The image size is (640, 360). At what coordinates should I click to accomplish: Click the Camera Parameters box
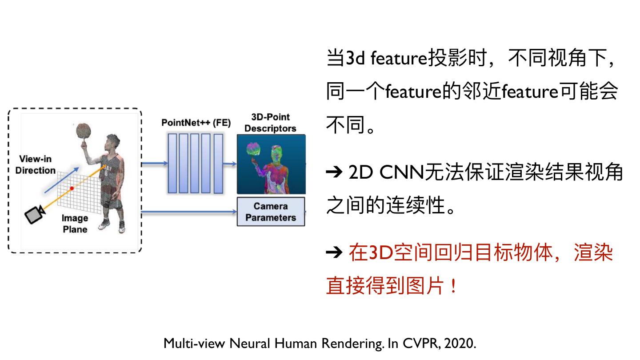click(x=271, y=212)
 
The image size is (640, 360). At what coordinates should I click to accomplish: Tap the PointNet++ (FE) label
click(x=196, y=123)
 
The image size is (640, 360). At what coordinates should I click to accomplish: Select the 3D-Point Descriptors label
click(x=270, y=123)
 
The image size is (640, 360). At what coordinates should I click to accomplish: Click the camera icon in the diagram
click(x=33, y=215)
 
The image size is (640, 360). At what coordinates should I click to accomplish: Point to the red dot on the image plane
click(x=72, y=188)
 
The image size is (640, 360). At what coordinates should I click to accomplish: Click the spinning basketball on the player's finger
click(x=83, y=131)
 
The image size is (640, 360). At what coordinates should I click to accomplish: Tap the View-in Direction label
click(x=35, y=165)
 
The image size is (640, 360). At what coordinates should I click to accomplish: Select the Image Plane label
click(x=75, y=224)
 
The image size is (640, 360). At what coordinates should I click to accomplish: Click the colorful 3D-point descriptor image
click(x=271, y=164)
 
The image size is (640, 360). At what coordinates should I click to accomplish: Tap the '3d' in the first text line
click(x=355, y=59)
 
